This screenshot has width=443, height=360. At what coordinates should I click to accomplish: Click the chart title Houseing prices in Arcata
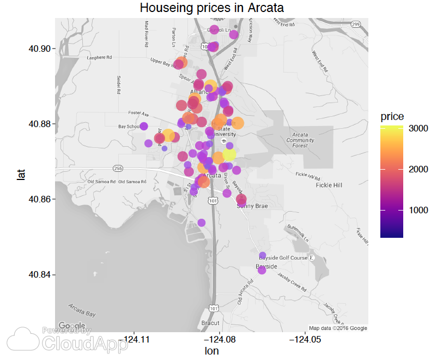click(212, 8)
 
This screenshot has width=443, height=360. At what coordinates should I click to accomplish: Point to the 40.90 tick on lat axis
click(39, 49)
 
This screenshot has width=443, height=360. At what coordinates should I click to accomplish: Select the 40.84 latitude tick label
click(39, 274)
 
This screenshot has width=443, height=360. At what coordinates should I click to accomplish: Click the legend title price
click(392, 116)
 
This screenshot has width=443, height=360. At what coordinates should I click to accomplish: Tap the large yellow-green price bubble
click(229, 154)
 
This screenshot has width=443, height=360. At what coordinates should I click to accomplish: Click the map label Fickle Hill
click(329, 185)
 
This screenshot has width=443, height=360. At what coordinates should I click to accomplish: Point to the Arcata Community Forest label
click(300, 140)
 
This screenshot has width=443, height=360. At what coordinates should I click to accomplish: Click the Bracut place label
click(210, 323)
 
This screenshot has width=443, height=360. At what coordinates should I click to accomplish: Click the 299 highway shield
click(355, 24)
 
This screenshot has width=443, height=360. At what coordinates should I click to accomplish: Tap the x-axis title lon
click(211, 351)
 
